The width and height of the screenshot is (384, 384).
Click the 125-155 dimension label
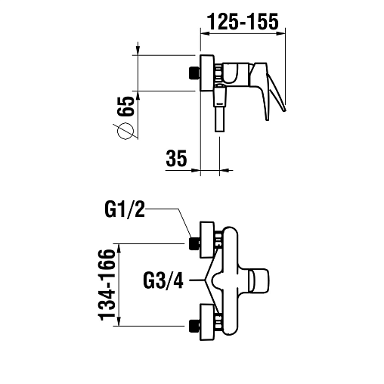pos(243,22)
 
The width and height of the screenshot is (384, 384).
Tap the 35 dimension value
pos(176,158)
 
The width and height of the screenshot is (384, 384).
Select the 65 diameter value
pos(125,106)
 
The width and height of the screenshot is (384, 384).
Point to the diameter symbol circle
pos(125,131)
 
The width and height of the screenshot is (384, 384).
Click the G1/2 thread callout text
pos(125,210)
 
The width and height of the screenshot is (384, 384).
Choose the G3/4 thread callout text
pos(163,280)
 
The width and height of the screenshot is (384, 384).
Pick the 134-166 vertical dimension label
pos(107,285)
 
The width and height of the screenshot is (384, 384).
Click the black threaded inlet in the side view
pos(194,73)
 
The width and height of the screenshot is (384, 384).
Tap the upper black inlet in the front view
pos(194,243)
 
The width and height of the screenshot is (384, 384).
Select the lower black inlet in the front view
pos(194,326)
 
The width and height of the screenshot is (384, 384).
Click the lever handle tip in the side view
pos(284,110)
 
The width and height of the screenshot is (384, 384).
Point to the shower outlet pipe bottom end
pos(220,131)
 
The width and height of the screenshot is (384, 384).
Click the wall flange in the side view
pos(207,73)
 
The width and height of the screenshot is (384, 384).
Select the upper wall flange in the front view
pos(207,240)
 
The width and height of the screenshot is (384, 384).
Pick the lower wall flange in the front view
pos(207,322)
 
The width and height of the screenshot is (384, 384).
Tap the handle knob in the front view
pos(259,281)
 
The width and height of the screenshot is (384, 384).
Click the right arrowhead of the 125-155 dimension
pos(281,33)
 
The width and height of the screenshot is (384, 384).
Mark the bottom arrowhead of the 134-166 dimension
pos(119,321)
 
